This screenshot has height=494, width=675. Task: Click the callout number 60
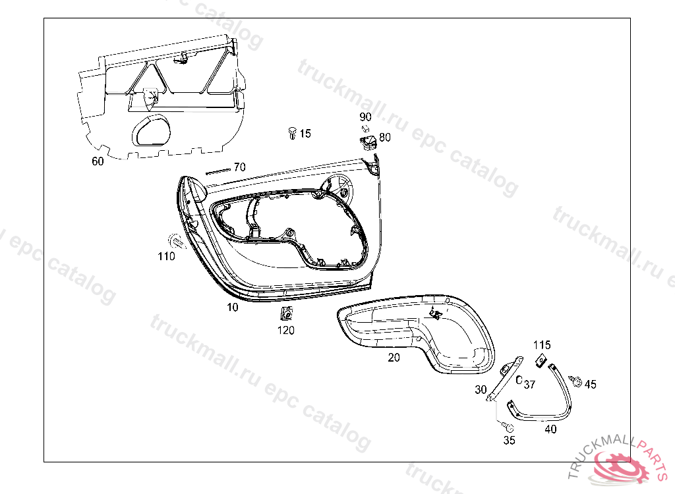point(98,161)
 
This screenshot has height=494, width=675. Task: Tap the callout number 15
point(305,134)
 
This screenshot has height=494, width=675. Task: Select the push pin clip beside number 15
point(292,133)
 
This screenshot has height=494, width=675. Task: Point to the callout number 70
point(240,167)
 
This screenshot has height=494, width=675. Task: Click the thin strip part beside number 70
point(219,171)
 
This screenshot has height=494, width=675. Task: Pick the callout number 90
point(365,117)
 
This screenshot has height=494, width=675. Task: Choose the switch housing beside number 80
point(368,142)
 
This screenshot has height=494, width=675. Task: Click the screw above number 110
point(177,242)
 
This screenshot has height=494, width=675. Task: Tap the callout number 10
point(233,307)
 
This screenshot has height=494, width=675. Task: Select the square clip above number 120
point(285,314)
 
